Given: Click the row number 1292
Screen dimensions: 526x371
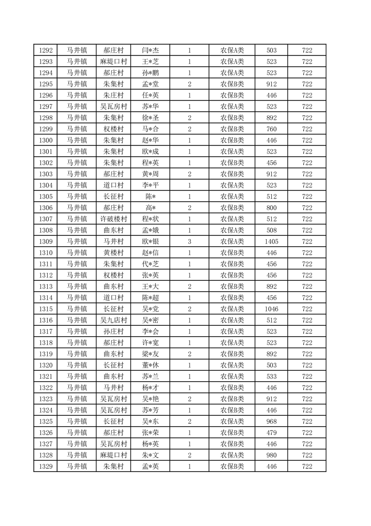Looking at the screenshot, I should pyautogui.click(x=45, y=50).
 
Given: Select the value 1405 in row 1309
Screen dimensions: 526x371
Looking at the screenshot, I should pyautogui.click(x=271, y=241).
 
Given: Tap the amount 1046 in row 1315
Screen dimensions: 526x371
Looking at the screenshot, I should pyautogui.click(x=271, y=309).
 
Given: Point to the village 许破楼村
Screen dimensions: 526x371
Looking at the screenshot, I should pyautogui.click(x=113, y=219).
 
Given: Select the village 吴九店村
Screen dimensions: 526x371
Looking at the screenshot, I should pyautogui.click(x=113, y=320).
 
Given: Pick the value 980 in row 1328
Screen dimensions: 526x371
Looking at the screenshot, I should pyautogui.click(x=271, y=455).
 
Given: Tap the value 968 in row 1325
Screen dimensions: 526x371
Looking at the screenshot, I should pyautogui.click(x=271, y=421).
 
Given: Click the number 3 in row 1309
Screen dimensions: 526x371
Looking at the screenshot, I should pyautogui.click(x=189, y=241).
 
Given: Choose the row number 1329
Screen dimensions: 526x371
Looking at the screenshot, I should pyautogui.click(x=45, y=466).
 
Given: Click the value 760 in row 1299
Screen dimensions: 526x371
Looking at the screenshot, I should pyautogui.click(x=271, y=129).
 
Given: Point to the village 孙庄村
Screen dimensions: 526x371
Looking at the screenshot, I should pyautogui.click(x=113, y=331).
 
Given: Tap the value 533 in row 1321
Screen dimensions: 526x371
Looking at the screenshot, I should pyautogui.click(x=271, y=376).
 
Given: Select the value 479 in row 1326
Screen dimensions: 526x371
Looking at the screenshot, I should pyautogui.click(x=271, y=433).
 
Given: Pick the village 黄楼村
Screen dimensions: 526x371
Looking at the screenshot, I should pyautogui.click(x=113, y=253).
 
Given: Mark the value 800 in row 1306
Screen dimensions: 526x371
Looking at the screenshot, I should pyautogui.click(x=271, y=208).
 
